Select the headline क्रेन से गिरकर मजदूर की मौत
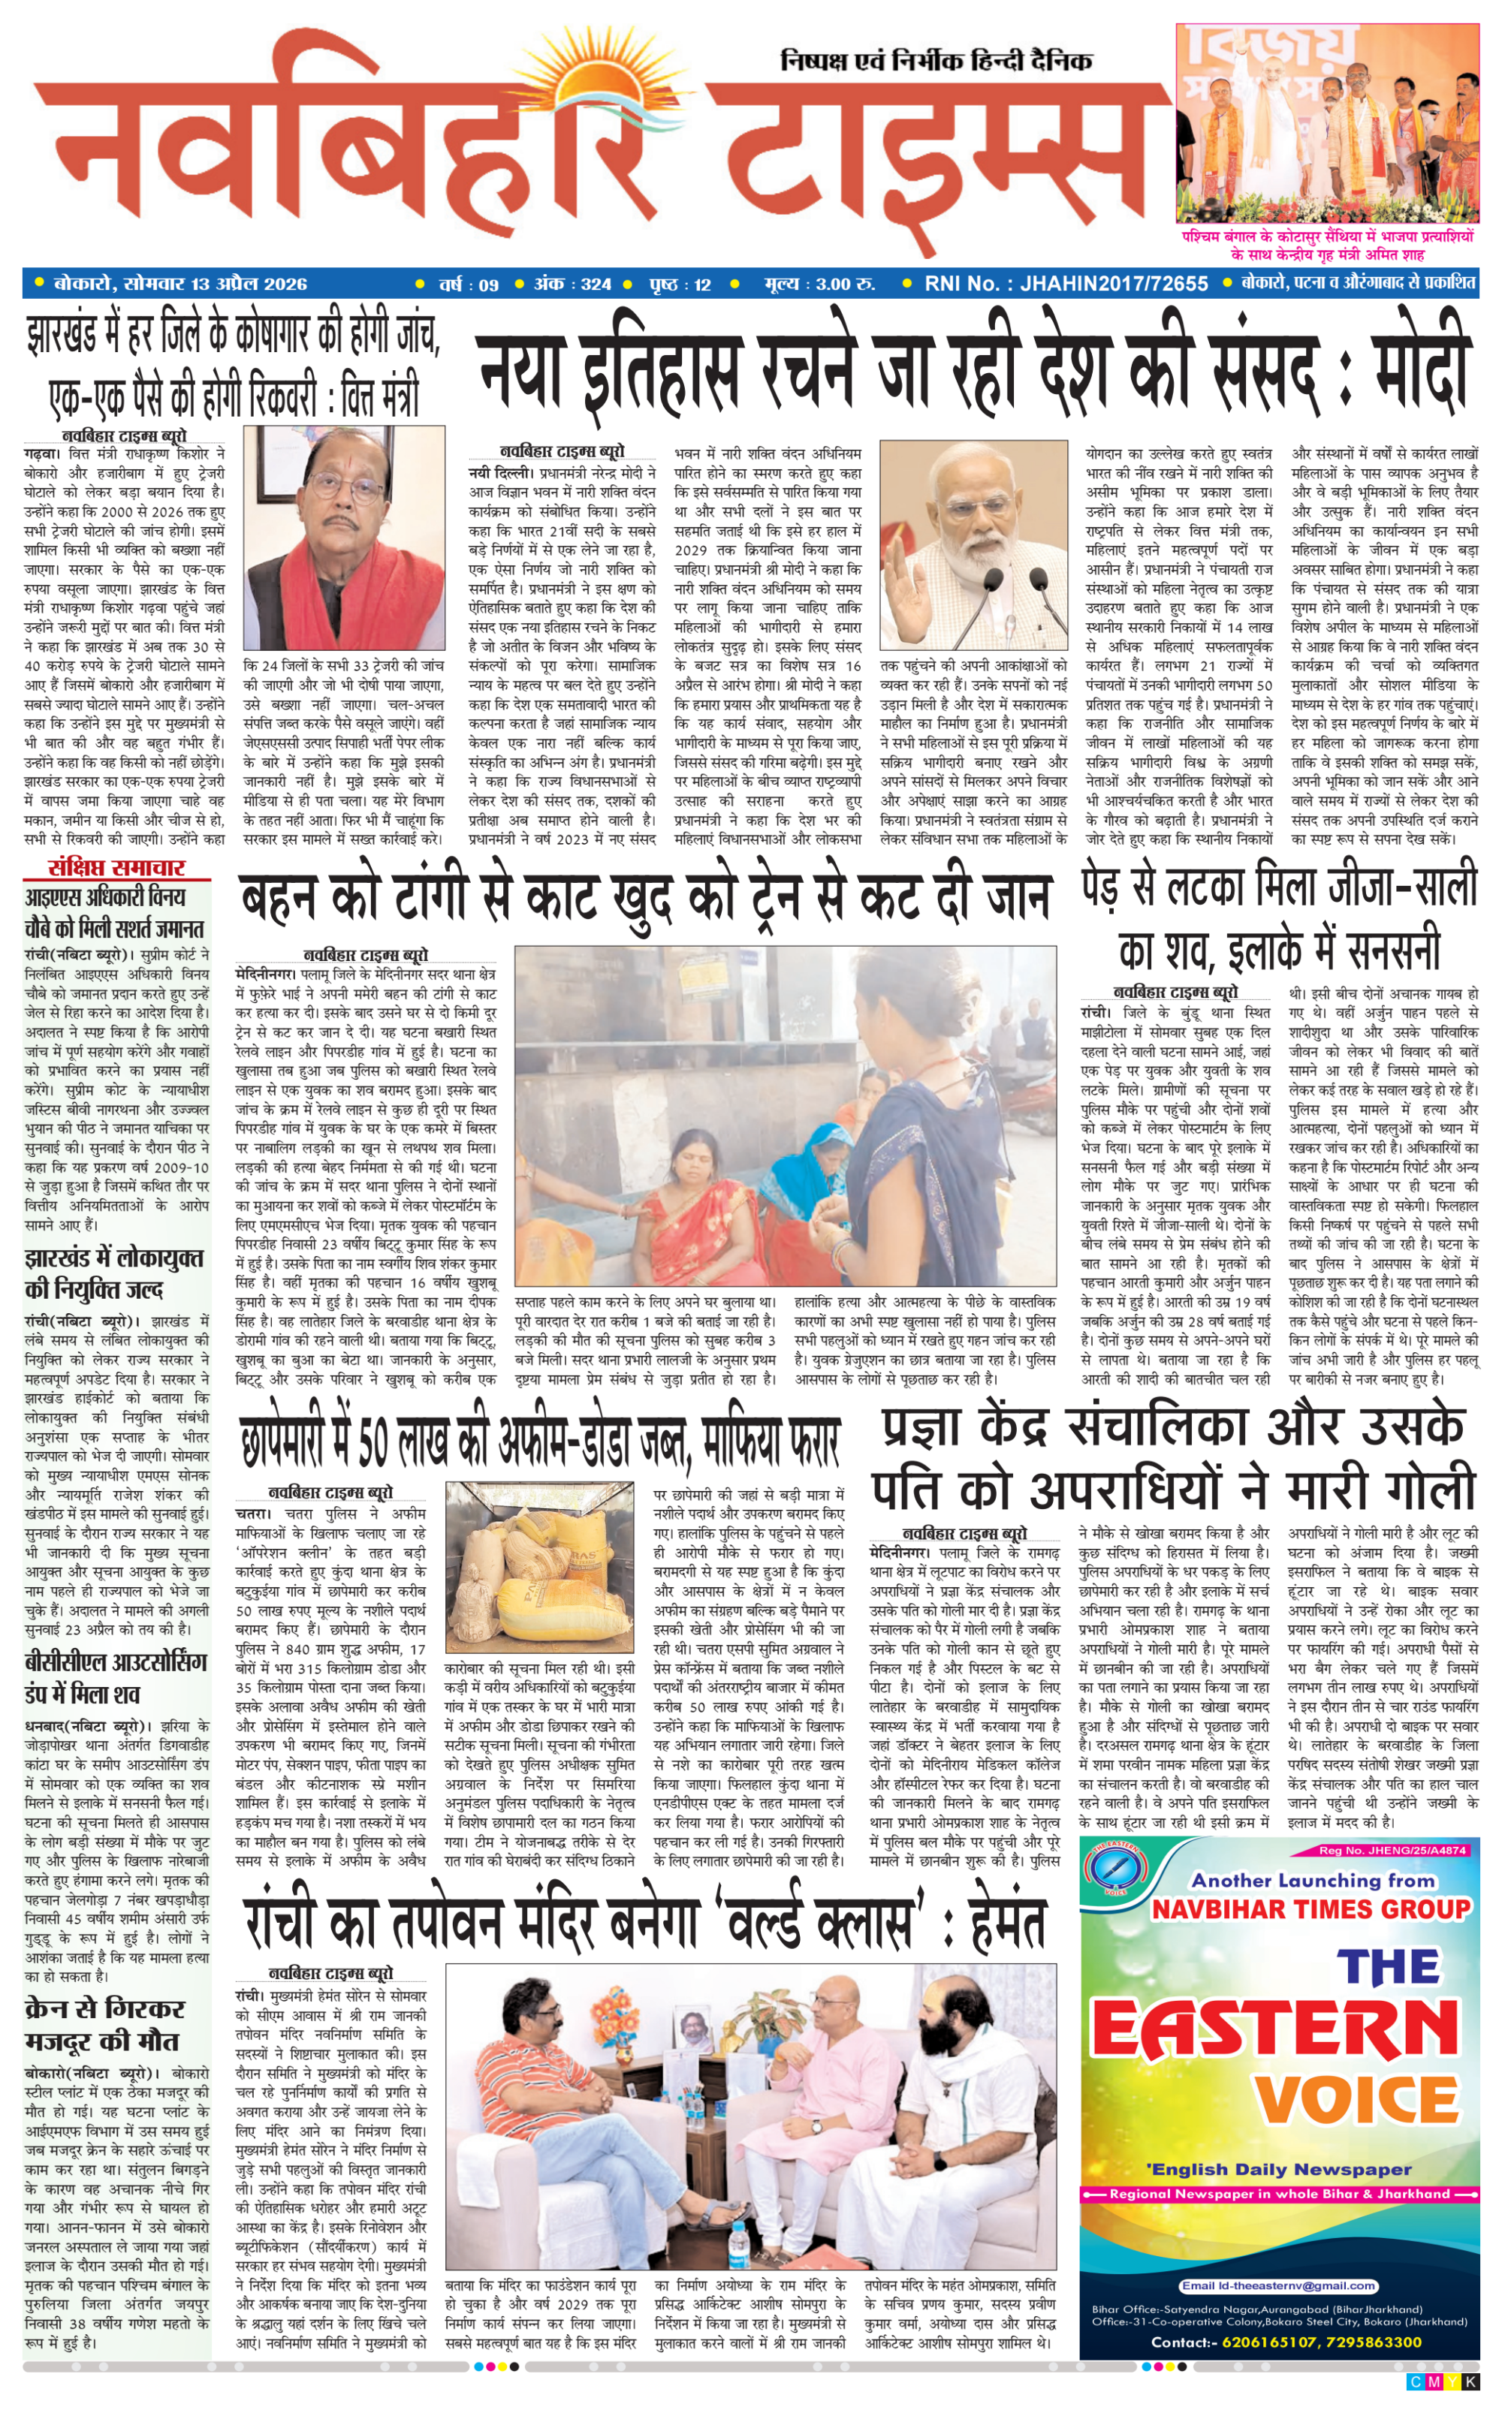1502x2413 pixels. pyautogui.click(x=104, y=2024)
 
